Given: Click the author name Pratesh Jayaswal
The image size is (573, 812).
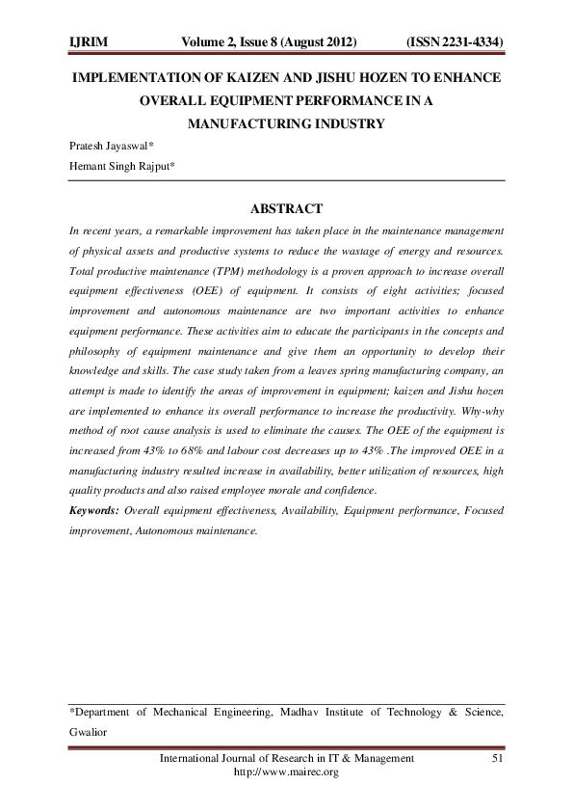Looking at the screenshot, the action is (111, 148).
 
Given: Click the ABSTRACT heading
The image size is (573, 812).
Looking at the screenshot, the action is (286, 208).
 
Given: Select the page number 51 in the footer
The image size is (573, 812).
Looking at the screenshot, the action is (498, 760).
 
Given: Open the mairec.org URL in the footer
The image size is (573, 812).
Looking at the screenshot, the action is (287, 773).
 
